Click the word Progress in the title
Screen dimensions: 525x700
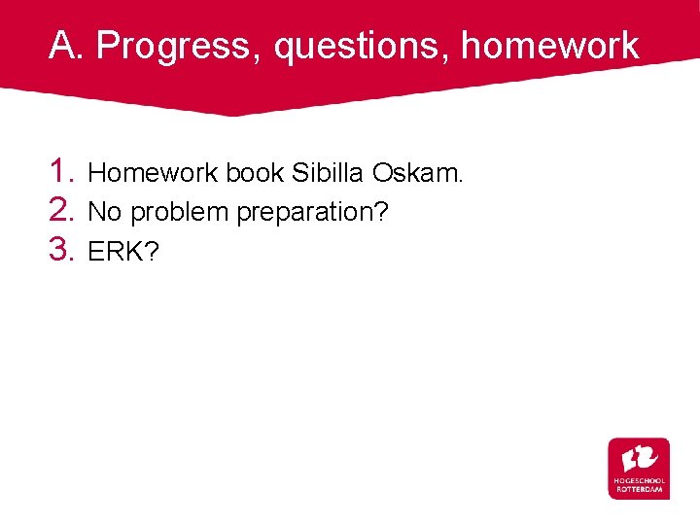point(176,46)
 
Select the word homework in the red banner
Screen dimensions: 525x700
point(549,46)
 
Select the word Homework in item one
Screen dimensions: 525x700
point(154,174)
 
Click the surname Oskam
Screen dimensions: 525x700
point(409,174)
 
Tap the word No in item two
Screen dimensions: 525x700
point(105,212)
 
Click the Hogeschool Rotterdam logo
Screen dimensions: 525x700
point(639,469)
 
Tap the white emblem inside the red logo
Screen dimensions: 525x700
point(639,457)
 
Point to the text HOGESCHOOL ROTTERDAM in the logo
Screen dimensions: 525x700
point(639,485)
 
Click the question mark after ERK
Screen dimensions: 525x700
point(153,252)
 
